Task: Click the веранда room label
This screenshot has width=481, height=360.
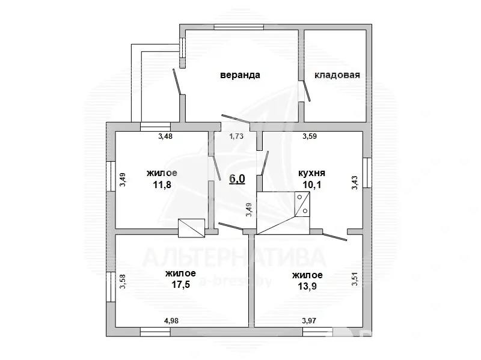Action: [240, 75]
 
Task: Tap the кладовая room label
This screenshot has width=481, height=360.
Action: [337, 75]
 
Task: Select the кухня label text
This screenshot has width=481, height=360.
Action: [311, 173]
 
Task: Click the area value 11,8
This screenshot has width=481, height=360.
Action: [162, 185]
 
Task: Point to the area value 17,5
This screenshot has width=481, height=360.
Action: [181, 284]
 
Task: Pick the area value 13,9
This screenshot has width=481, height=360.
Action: [307, 286]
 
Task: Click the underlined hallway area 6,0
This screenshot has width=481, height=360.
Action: [237, 178]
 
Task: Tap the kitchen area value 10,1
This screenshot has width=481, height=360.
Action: [312, 185]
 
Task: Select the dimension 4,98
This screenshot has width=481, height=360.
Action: [171, 321]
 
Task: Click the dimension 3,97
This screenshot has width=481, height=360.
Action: [309, 321]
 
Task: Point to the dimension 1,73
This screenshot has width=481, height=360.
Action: [236, 136]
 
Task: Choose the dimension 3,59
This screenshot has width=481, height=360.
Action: [310, 136]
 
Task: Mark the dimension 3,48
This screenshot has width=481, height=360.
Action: [165, 136]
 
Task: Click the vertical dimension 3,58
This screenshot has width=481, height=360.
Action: [123, 281]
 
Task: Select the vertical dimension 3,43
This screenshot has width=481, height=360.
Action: [355, 183]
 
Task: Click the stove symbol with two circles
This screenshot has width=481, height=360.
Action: [302, 204]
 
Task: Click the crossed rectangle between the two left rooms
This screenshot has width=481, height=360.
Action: [191, 228]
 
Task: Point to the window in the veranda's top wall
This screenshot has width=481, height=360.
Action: [239, 27]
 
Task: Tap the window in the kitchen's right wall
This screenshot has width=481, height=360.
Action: [367, 173]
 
